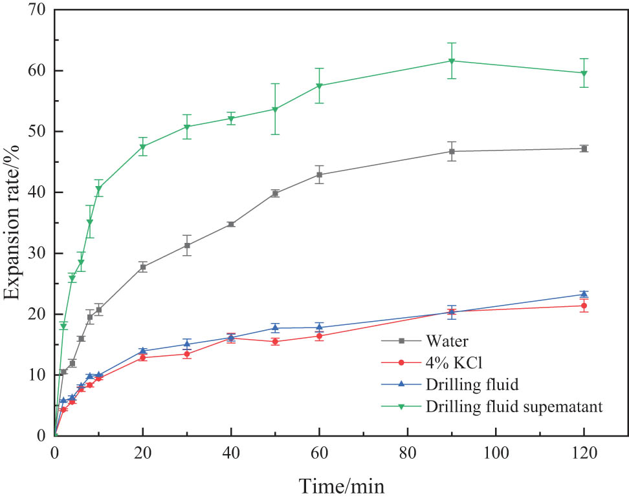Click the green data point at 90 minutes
[452, 61]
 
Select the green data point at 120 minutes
[584, 73]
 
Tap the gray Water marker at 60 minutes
[319, 174]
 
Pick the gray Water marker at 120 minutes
[584, 149]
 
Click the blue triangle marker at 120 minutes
[584, 294]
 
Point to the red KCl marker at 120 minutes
[584, 306]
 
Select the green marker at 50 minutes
[275, 109]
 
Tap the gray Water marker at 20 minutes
[142, 267]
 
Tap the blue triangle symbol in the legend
[401, 384]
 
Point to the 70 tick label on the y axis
[38, 10]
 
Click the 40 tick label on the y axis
[38, 193]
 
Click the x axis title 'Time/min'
[341, 484]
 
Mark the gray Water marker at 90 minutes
[452, 151]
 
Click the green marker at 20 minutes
[142, 147]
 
